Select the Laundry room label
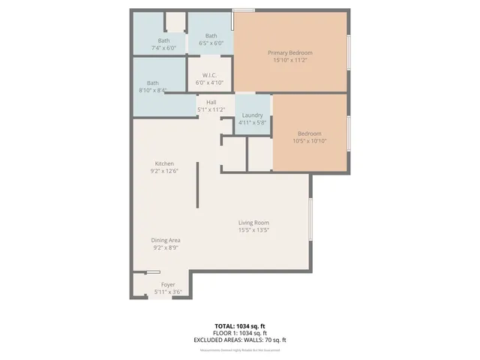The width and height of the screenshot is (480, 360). click(x=252, y=115)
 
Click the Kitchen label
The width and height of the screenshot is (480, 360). click(x=164, y=163)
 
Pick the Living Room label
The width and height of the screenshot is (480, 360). click(x=253, y=223)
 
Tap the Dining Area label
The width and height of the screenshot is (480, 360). click(x=166, y=240)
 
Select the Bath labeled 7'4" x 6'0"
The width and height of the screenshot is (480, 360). click(x=163, y=40)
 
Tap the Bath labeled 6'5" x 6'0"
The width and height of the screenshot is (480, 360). click(x=211, y=36)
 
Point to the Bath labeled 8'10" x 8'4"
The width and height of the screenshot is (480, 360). click(x=153, y=82)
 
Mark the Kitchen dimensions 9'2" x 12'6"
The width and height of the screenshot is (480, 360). click(x=164, y=171)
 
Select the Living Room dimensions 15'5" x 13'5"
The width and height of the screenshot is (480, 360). click(x=253, y=230)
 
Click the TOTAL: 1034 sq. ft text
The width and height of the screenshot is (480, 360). click(x=239, y=326)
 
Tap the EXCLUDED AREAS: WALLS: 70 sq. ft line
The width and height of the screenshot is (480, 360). click(x=239, y=340)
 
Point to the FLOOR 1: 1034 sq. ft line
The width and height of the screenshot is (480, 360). click(x=239, y=333)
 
